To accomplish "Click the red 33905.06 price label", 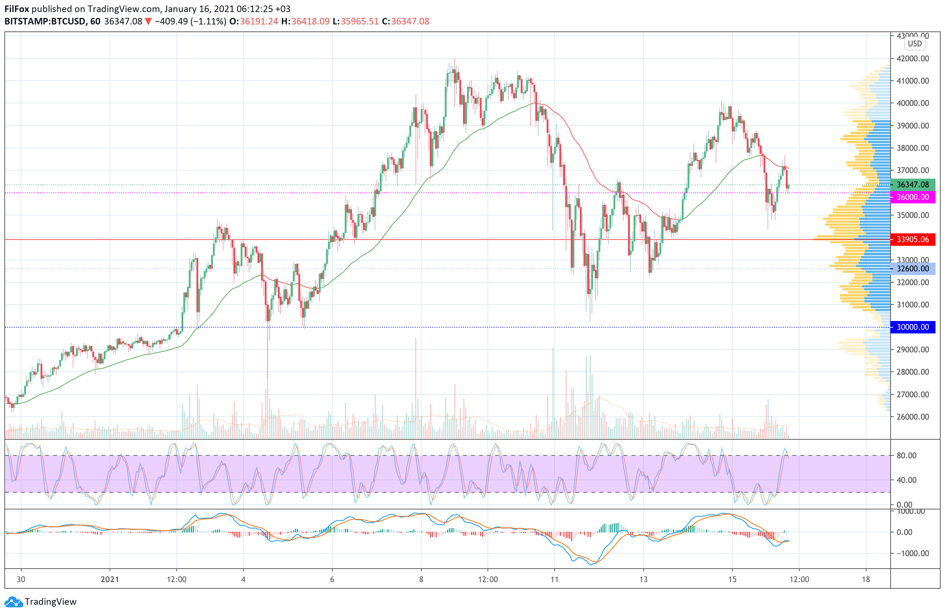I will click(x=913, y=240).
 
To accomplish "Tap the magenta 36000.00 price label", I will click(x=913, y=197).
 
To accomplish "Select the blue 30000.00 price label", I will click(x=913, y=327).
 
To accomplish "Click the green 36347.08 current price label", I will click(x=913, y=185).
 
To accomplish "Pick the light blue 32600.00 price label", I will click(x=913, y=269).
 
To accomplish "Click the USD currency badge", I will click(x=915, y=44).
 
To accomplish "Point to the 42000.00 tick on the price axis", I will click(x=913, y=58).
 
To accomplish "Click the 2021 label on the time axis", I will click(x=110, y=579).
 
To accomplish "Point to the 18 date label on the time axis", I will click(x=866, y=579).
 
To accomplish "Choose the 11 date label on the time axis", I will click(x=554, y=579).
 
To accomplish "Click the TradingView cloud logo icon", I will click(x=14, y=602).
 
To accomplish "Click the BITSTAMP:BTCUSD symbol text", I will click(x=45, y=22).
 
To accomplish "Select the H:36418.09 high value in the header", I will click(x=305, y=22).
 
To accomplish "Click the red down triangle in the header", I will click(x=148, y=22).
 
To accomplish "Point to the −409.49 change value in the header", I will click(x=171, y=22).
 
